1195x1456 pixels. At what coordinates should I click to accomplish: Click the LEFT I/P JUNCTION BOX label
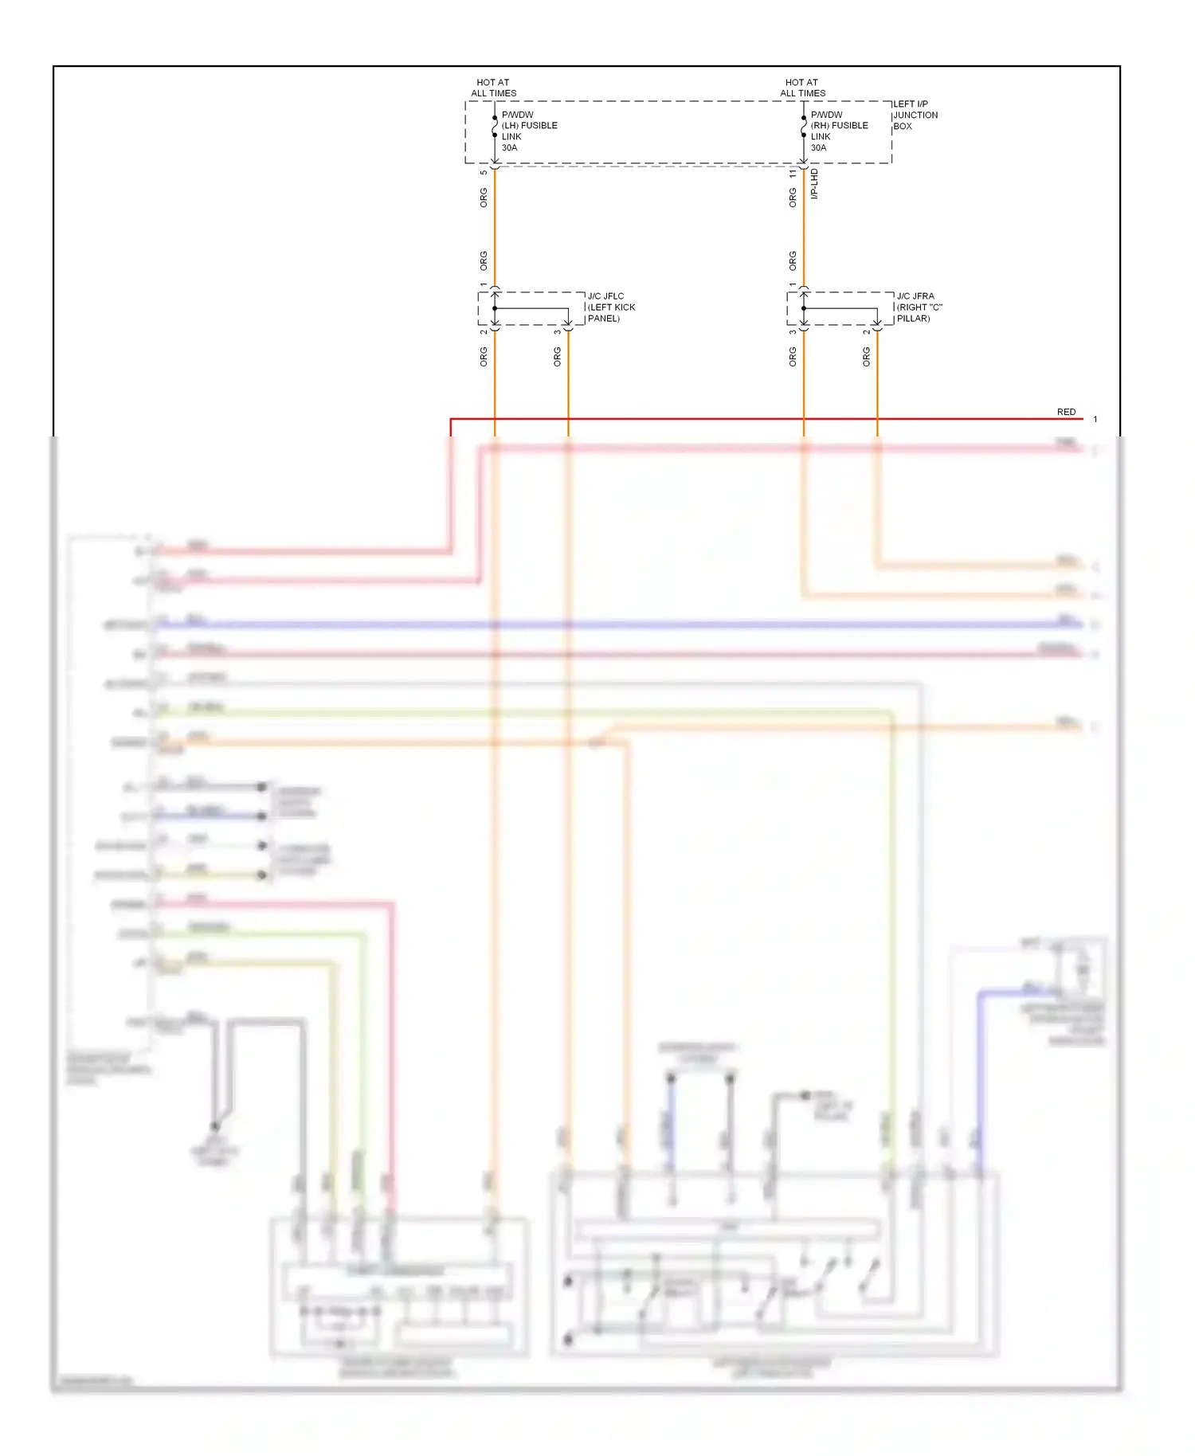(915, 115)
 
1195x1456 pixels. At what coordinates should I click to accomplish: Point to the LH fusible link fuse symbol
(495, 127)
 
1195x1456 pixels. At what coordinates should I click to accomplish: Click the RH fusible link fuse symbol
(804, 127)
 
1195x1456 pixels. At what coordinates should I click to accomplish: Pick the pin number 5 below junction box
(484, 173)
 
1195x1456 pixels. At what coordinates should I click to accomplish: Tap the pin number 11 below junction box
(793, 173)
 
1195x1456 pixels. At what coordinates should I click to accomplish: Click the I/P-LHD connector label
(814, 184)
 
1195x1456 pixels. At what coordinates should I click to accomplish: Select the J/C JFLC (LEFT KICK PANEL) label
(611, 307)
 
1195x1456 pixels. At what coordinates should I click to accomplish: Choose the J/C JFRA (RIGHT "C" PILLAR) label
(919, 307)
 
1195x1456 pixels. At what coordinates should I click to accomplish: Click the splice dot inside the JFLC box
(495, 308)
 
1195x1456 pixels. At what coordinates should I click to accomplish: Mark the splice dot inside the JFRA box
(804, 308)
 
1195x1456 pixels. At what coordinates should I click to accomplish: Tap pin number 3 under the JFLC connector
(557, 332)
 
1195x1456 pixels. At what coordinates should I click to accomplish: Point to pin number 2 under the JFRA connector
(866, 332)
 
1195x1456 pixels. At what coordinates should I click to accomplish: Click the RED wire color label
(1066, 412)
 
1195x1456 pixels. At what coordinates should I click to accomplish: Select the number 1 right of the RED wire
(1095, 419)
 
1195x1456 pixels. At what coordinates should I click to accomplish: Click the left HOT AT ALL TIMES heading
(493, 88)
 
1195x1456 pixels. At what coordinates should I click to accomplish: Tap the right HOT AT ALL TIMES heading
(802, 88)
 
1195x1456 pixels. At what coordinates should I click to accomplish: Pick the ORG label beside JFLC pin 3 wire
(557, 357)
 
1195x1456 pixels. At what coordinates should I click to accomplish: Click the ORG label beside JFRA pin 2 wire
(866, 357)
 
